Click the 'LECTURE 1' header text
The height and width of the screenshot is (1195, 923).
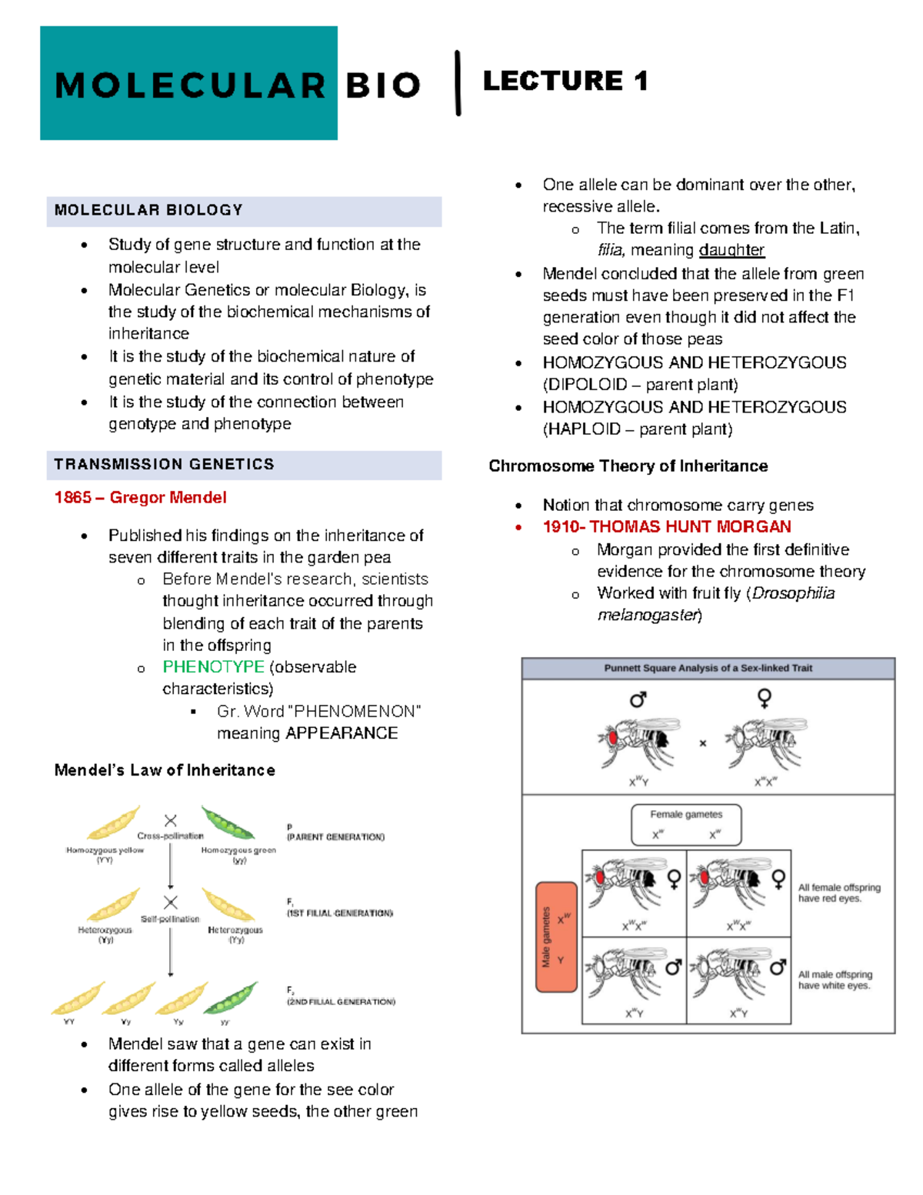(x=565, y=81)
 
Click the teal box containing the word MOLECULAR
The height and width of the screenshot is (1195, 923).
(x=188, y=83)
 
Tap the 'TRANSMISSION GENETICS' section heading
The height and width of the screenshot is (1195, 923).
(x=165, y=464)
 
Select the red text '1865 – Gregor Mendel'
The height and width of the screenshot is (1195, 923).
(x=141, y=497)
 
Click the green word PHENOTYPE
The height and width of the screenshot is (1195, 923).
(x=213, y=666)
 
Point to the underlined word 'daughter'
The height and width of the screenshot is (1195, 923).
(x=731, y=250)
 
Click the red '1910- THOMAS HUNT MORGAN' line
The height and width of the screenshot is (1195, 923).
(x=667, y=526)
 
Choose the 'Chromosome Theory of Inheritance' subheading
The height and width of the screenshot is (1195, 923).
(x=628, y=466)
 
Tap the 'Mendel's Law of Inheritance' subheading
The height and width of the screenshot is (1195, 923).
(x=165, y=770)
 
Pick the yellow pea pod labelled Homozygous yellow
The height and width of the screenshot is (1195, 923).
(x=114, y=823)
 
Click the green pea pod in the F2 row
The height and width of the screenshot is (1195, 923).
(x=231, y=998)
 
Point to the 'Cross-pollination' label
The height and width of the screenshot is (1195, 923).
(x=170, y=836)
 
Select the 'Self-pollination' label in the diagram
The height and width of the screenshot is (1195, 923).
(x=170, y=919)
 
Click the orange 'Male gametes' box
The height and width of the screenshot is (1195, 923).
(x=556, y=936)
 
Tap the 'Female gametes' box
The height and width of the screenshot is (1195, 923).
(x=686, y=825)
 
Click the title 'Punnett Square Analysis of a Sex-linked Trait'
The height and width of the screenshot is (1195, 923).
(x=708, y=668)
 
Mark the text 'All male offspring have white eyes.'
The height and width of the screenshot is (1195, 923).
(x=835, y=980)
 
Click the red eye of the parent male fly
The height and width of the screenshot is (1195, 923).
(x=614, y=737)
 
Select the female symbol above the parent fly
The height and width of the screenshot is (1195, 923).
(x=764, y=698)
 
